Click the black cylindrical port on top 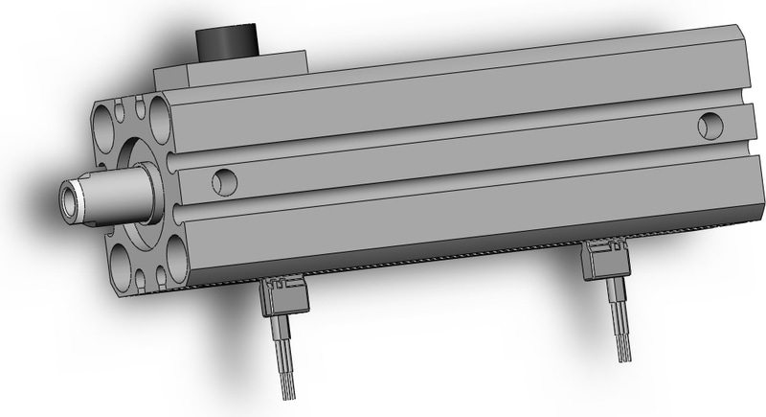[x=226, y=44]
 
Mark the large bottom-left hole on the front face [x=123, y=260]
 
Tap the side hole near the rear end [x=710, y=124]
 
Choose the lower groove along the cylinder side [x=460, y=191]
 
